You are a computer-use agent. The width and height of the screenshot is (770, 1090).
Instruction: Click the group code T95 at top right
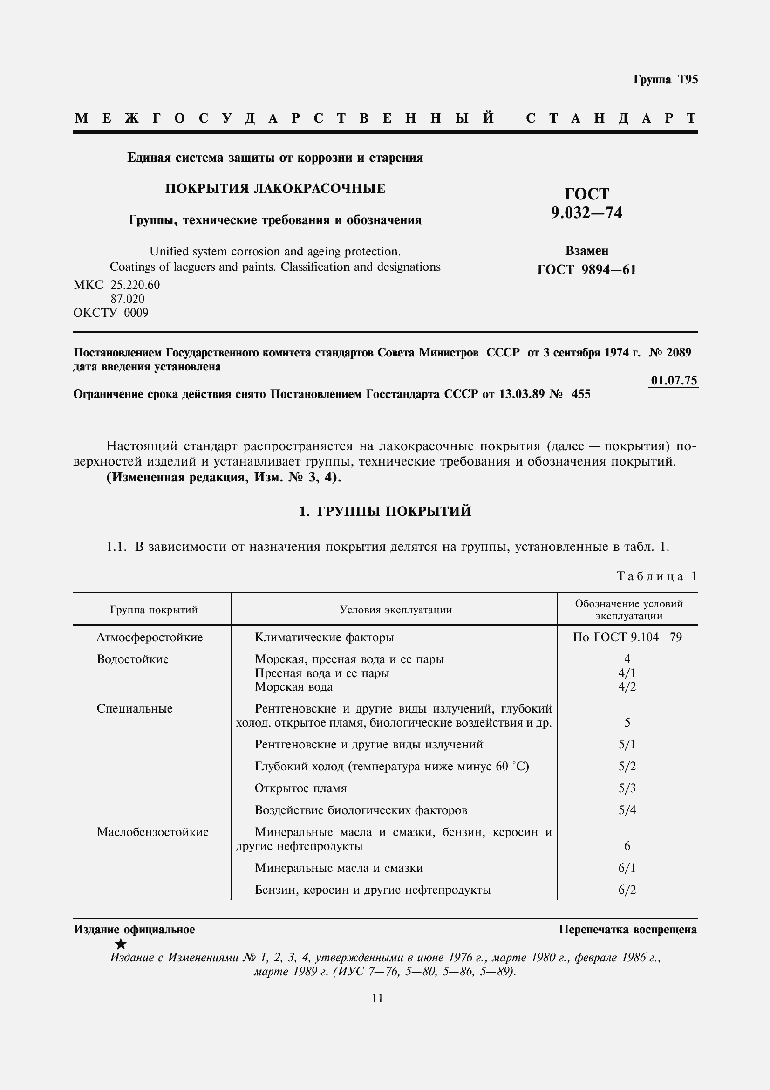[688, 80]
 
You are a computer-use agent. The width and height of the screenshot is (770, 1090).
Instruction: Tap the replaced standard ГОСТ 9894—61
[586, 270]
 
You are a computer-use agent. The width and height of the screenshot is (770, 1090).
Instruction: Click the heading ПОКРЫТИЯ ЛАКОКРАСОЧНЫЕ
[275, 189]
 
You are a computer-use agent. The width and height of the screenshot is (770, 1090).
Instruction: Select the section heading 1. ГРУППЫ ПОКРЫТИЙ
[385, 511]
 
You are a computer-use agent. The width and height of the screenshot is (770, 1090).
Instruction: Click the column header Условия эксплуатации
[395, 610]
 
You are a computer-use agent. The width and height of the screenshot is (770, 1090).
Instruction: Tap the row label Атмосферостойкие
[150, 638]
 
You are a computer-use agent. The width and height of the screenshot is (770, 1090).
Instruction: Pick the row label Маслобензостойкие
[152, 832]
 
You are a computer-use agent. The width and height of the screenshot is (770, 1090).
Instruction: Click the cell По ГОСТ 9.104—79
[627, 638]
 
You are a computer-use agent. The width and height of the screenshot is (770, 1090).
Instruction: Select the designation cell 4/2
[627, 686]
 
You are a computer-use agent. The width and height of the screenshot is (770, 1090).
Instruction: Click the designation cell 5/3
[627, 788]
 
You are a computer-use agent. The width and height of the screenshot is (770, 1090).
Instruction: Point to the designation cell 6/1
[627, 868]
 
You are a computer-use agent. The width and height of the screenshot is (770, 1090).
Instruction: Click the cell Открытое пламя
[301, 788]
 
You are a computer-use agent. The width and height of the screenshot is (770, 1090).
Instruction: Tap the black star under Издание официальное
[121, 944]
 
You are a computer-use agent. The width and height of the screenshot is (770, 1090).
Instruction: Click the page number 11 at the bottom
[377, 998]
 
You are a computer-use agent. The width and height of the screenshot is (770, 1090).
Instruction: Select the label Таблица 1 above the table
[657, 576]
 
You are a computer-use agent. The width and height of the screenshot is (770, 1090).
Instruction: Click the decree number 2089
[678, 353]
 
